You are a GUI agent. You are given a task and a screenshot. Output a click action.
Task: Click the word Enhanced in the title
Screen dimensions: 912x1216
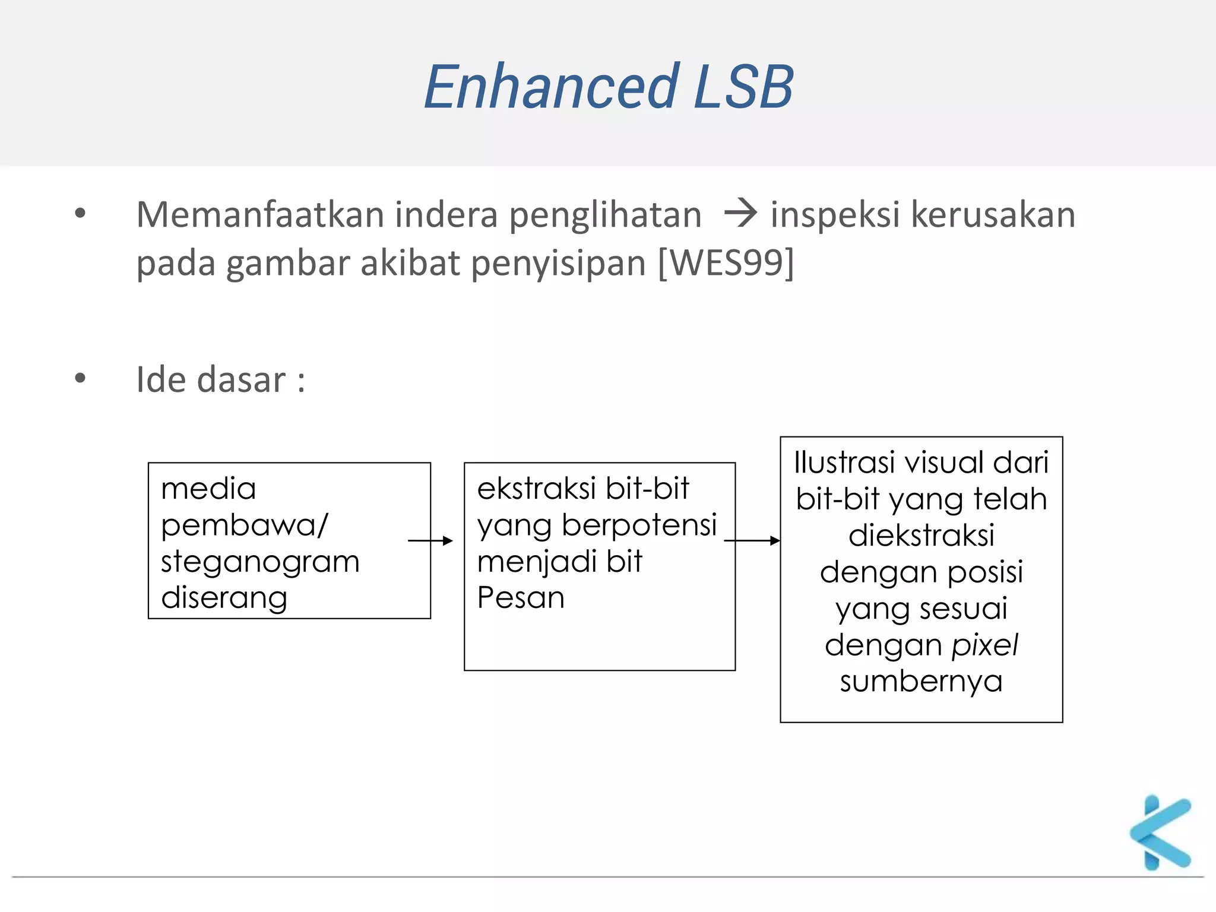552,87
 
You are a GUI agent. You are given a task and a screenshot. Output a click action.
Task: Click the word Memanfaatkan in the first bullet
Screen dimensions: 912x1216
259,214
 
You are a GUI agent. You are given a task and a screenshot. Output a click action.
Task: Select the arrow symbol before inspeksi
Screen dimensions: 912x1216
740,213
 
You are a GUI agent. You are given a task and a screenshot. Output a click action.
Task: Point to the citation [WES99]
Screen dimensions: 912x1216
726,262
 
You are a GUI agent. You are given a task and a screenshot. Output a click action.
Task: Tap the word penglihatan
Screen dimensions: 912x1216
605,216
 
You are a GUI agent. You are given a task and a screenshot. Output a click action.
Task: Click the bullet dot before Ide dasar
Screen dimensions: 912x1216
80,378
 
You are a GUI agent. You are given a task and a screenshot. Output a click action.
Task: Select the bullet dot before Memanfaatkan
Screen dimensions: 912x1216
80,213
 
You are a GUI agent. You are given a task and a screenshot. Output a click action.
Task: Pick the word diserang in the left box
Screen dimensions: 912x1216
224,598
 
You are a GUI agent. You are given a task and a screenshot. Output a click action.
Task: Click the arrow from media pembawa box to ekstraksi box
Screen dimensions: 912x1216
430,540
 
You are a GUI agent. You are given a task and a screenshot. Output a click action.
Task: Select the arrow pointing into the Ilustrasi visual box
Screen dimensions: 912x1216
752,540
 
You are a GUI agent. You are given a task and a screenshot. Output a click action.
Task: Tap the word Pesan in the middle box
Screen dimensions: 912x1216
521,597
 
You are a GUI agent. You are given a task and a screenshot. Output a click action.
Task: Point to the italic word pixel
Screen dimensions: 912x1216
985,645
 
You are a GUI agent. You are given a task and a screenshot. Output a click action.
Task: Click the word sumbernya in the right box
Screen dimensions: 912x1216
921,682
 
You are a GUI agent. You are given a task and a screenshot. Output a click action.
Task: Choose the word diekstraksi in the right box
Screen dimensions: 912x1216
921,536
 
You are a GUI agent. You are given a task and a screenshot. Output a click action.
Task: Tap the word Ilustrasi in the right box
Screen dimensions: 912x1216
844,463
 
